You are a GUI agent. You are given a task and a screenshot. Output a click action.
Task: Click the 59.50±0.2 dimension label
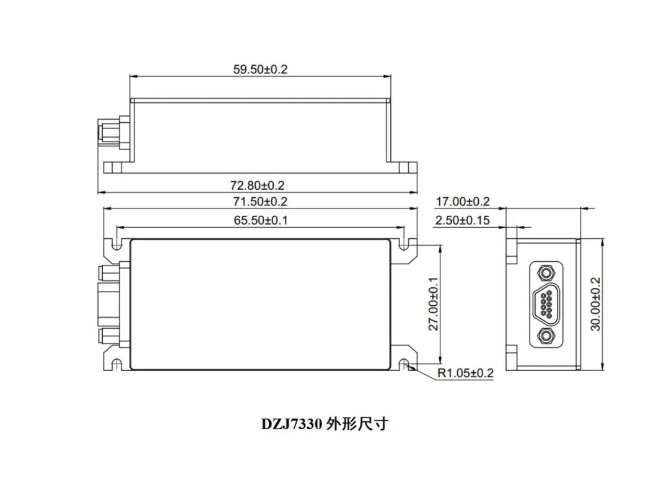(x=260, y=69)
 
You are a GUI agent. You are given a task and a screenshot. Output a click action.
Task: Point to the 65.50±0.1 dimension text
(x=260, y=220)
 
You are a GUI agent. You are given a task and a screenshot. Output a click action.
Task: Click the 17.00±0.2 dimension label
(x=463, y=202)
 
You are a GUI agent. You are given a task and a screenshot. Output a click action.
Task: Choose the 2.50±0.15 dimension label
(x=463, y=220)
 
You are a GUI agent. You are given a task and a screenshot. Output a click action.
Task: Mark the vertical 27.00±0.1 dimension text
(x=433, y=304)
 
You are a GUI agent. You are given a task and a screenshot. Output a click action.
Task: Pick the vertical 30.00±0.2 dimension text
(x=595, y=304)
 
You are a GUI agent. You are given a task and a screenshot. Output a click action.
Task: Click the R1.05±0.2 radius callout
(x=465, y=373)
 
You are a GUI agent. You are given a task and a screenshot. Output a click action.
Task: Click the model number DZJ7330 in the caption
(x=291, y=424)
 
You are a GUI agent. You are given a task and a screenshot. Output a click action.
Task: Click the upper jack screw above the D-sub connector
(x=546, y=272)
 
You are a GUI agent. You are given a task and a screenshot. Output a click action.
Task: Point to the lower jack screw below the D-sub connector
(x=546, y=336)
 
